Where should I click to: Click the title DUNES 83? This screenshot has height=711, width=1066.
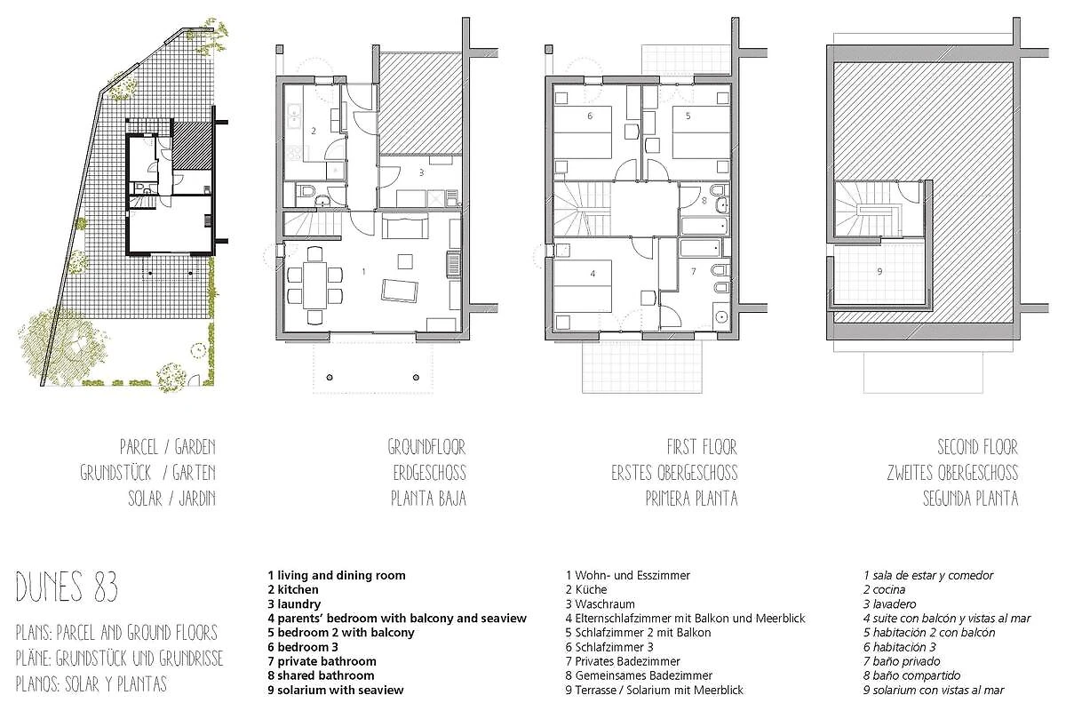pyautogui.click(x=67, y=587)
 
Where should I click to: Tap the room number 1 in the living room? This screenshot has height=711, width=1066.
pyautogui.click(x=364, y=271)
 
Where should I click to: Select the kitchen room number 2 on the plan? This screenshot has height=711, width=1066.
pyautogui.click(x=313, y=131)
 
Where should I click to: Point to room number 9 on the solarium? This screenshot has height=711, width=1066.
pyautogui.click(x=879, y=271)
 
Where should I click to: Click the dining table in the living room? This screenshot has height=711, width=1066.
pyautogui.click(x=315, y=285)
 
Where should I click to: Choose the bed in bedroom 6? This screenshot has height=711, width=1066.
pyautogui.click(x=583, y=132)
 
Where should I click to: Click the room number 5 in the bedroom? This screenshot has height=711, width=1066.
pyautogui.click(x=688, y=116)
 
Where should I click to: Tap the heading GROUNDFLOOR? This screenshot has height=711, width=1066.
pyautogui.click(x=426, y=447)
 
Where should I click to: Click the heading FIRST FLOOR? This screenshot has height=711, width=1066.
pyautogui.click(x=702, y=447)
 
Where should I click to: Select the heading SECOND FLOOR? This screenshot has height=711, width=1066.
pyautogui.click(x=978, y=447)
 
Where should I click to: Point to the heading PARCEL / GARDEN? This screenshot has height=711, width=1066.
pyautogui.click(x=168, y=447)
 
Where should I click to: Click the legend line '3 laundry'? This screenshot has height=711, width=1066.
pyautogui.click(x=294, y=603)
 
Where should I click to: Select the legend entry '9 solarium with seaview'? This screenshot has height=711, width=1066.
pyautogui.click(x=336, y=690)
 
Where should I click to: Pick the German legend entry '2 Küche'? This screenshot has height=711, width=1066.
pyautogui.click(x=586, y=589)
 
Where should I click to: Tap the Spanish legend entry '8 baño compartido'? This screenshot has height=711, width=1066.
pyautogui.click(x=911, y=675)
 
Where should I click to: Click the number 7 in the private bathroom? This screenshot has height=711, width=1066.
pyautogui.click(x=694, y=271)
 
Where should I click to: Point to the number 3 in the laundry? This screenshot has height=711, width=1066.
pyautogui.click(x=421, y=172)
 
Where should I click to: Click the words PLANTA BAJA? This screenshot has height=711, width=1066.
pyautogui.click(x=428, y=499)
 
